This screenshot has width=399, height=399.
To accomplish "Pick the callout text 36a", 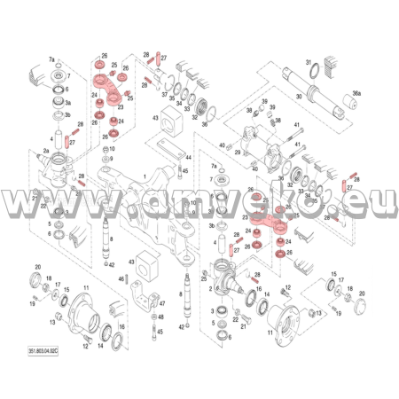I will pos(356,92).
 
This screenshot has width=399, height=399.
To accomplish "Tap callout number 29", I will pos(237,153).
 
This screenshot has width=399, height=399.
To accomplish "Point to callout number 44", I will pos(187,157).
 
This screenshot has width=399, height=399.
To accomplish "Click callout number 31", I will pos(309,63).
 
